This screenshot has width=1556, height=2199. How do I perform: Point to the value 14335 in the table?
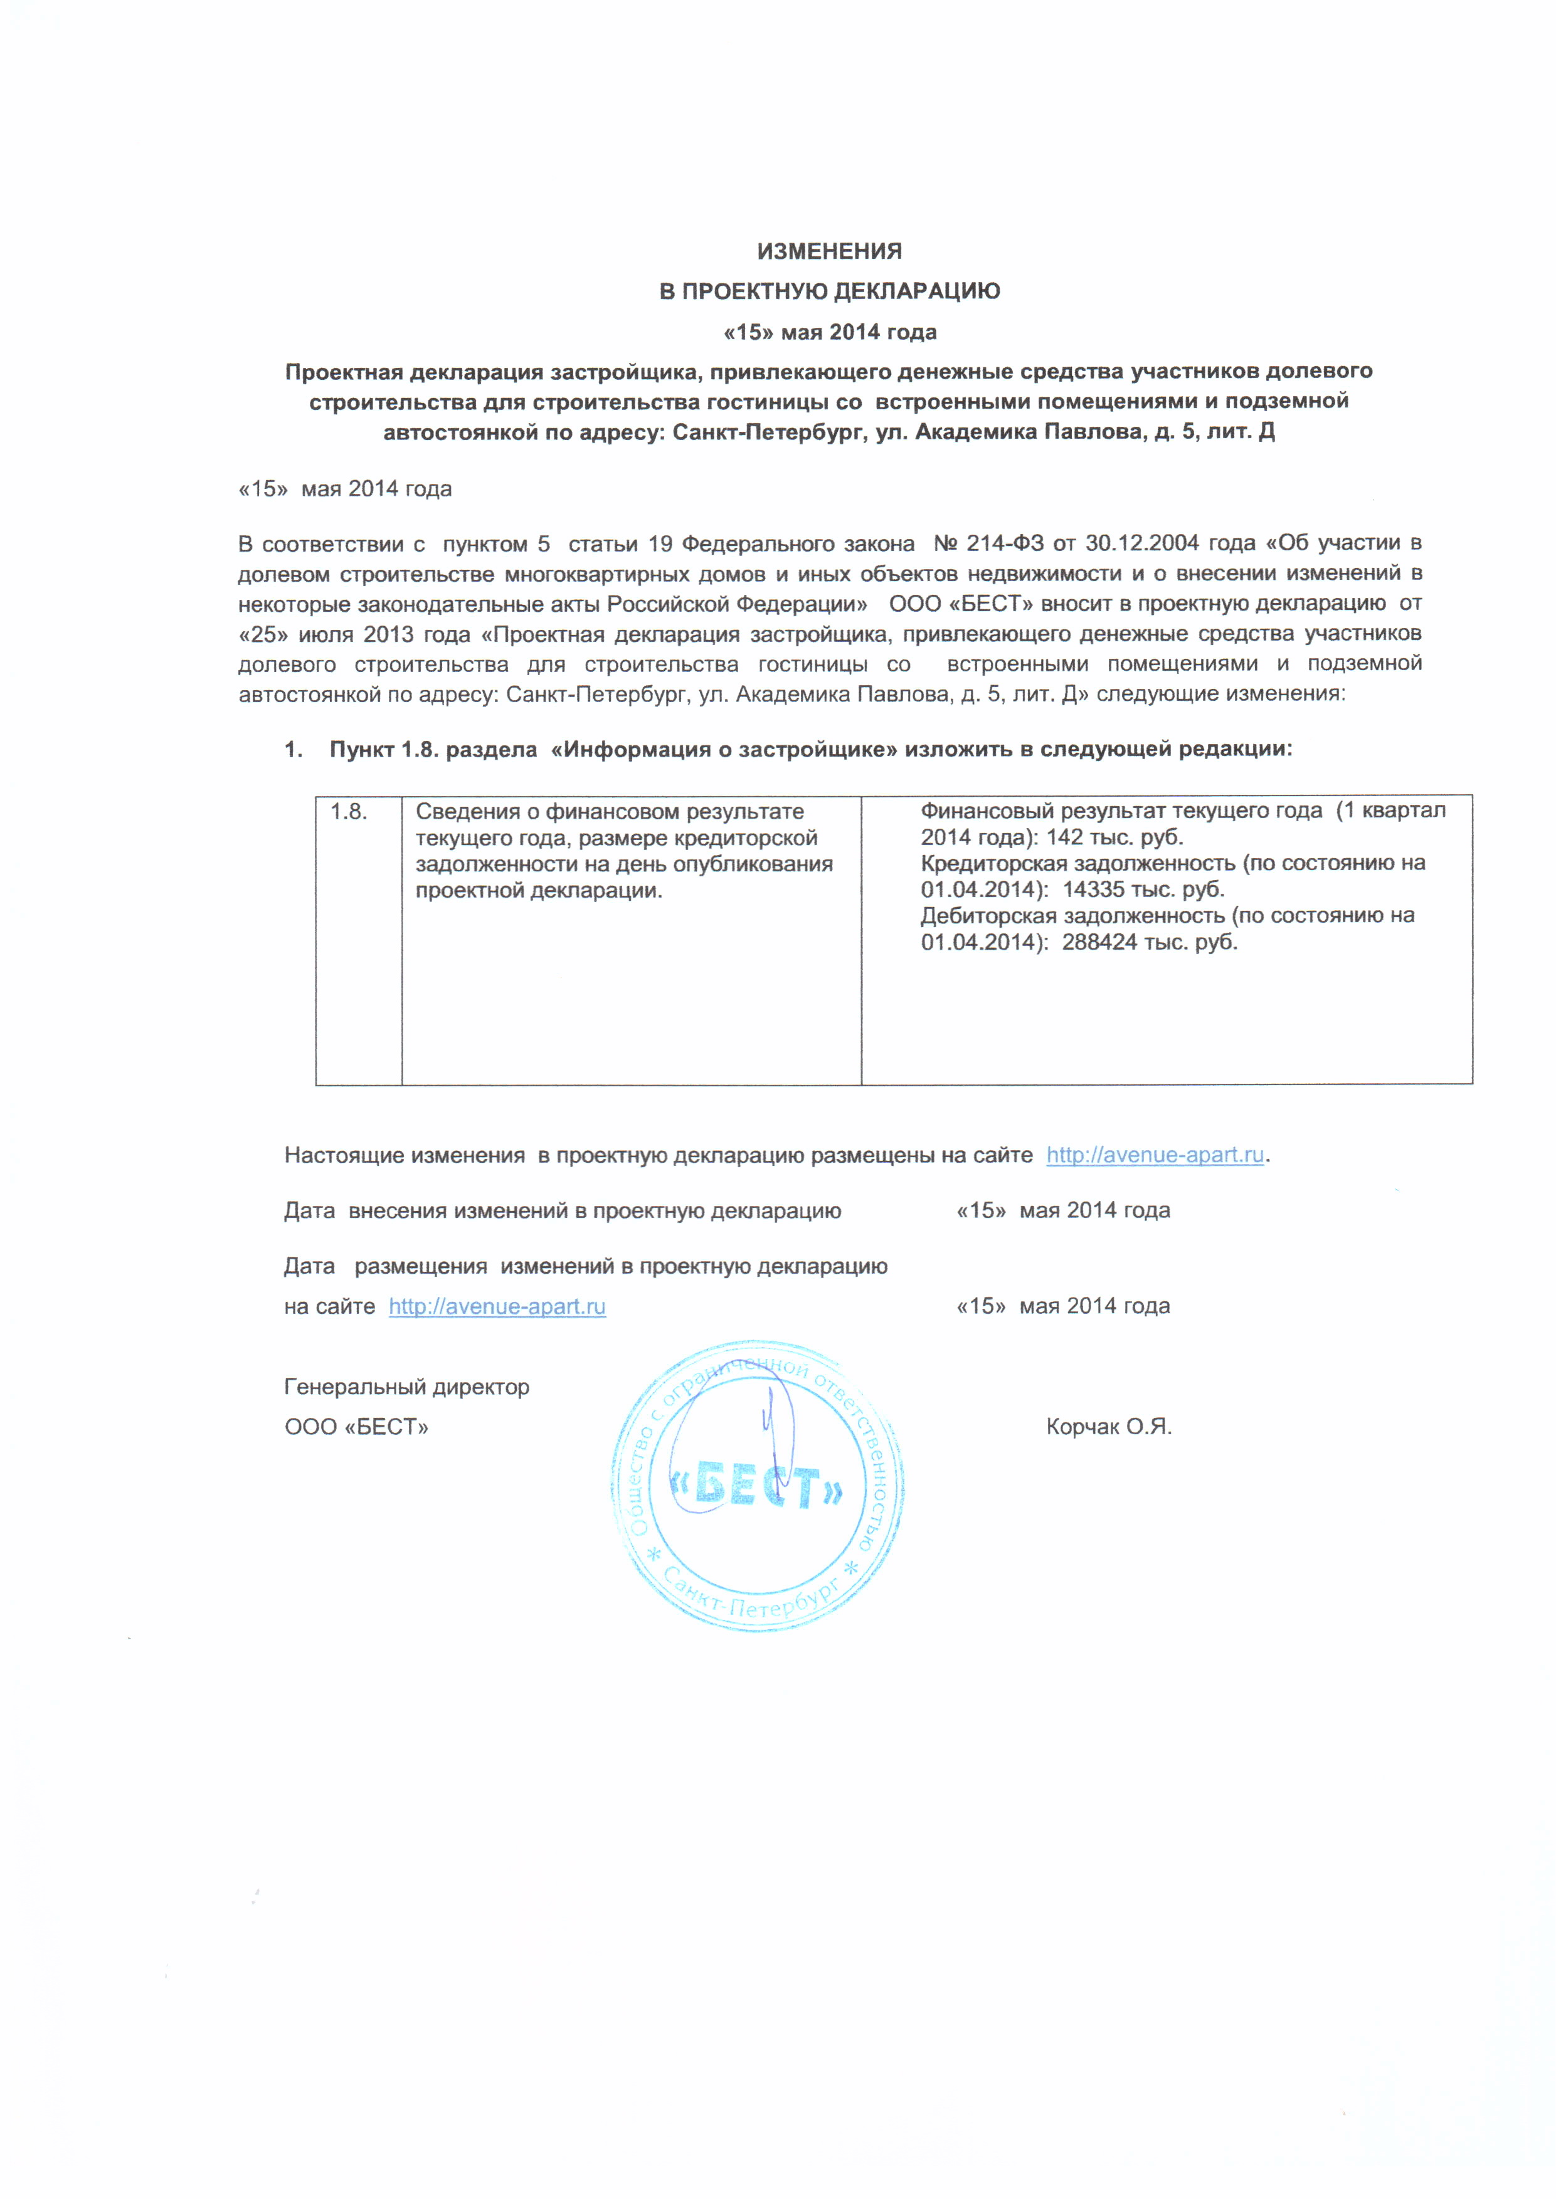tap(1093, 890)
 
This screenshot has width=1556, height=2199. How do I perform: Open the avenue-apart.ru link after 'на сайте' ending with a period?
tap(1155, 1155)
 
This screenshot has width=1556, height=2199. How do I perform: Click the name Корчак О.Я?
tap(1109, 1427)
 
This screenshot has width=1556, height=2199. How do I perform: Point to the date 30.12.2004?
tap(1142, 544)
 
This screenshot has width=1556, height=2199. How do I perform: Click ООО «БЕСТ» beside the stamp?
tap(356, 1427)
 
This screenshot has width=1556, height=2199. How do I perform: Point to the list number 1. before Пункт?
tap(293, 749)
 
